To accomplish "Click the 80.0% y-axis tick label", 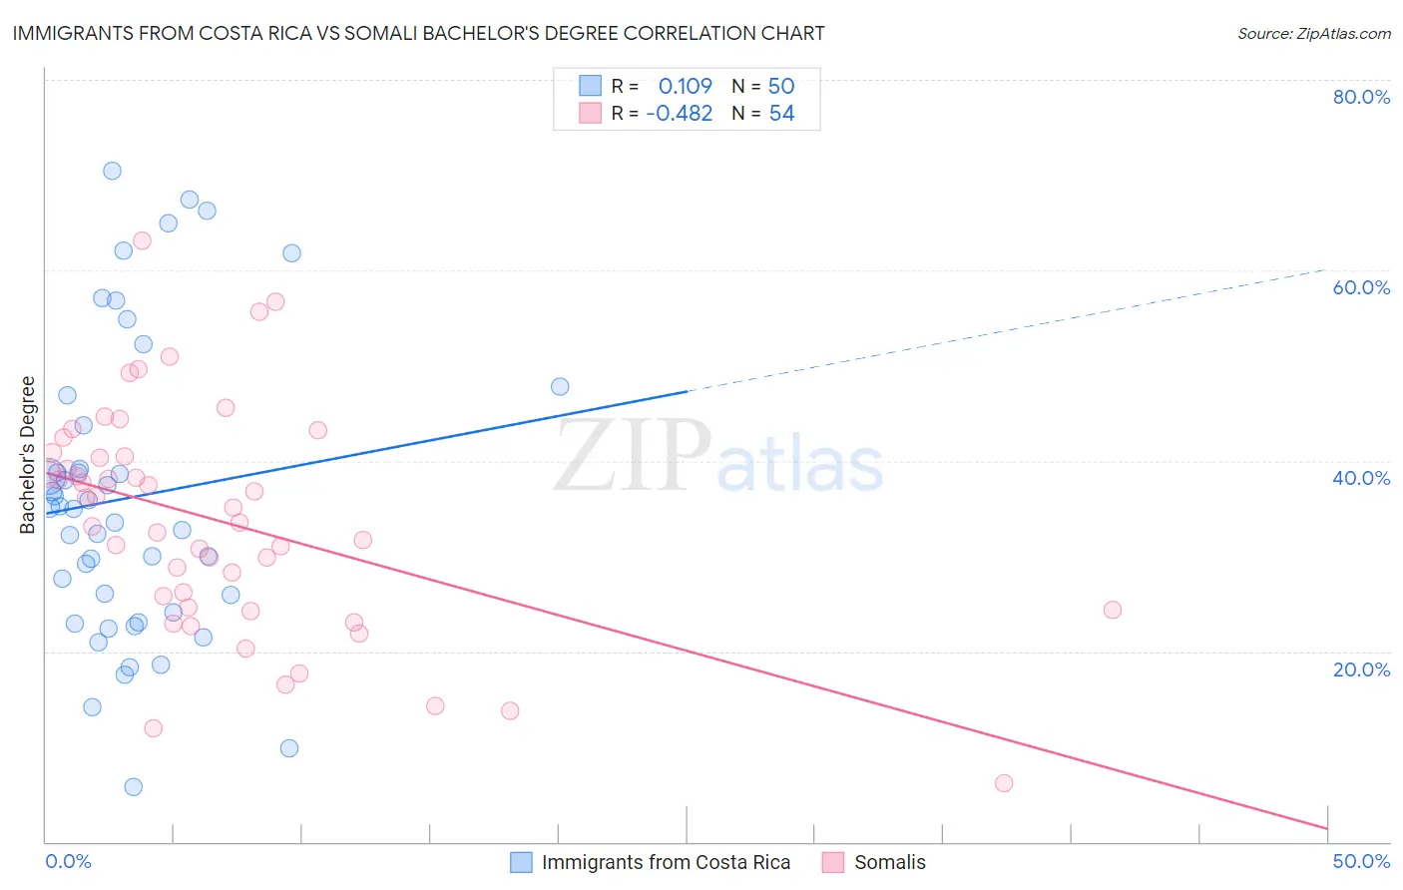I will tap(1361, 97).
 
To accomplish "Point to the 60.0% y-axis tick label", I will tap(1361, 287).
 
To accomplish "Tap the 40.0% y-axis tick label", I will tap(1361, 478).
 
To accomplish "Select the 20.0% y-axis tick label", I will tap(1361, 669).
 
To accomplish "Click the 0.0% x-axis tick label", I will tap(68, 861).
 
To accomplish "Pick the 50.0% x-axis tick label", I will tap(1361, 861).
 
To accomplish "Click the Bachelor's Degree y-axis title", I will tap(28, 455).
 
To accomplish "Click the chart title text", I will tap(418, 33).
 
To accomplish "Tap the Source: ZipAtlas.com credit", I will tap(1313, 33).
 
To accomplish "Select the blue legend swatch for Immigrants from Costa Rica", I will tap(521, 862).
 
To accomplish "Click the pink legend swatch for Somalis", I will tap(833, 862).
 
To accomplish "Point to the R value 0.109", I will tap(685, 86).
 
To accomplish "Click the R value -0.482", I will tap(679, 114).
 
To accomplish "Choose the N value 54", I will tap(781, 114).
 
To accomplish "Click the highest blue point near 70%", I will tap(112, 171).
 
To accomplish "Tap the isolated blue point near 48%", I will tap(560, 386).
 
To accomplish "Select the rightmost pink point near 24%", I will tap(1113, 610).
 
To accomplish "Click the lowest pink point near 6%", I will tap(1004, 783).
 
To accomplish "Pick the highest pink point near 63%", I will tap(142, 240).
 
